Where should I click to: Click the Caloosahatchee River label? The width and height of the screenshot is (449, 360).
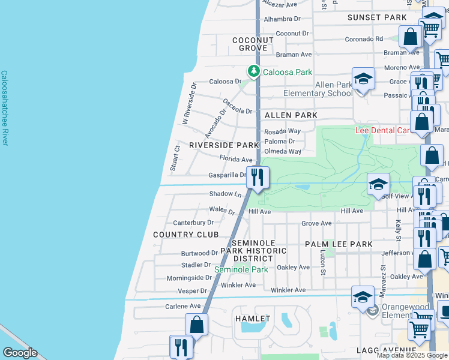(5, 108)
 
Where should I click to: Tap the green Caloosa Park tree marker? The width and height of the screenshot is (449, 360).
(254, 72)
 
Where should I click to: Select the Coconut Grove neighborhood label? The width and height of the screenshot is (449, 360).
(253, 44)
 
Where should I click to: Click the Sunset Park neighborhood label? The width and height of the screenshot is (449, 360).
(377, 17)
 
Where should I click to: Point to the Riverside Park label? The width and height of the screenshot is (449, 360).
(223, 145)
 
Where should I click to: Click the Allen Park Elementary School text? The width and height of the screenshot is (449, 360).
(318, 89)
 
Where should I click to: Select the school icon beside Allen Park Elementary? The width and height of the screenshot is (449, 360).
(363, 79)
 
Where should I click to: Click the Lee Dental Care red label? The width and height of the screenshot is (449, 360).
(382, 130)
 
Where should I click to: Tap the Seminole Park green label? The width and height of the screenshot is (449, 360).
(241, 269)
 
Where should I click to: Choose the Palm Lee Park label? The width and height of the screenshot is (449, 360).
(339, 244)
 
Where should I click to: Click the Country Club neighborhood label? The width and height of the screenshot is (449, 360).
(185, 234)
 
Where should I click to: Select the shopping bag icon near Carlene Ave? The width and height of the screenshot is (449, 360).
(196, 325)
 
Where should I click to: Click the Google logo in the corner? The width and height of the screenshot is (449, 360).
(20, 353)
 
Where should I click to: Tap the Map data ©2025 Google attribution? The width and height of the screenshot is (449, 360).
(412, 355)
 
